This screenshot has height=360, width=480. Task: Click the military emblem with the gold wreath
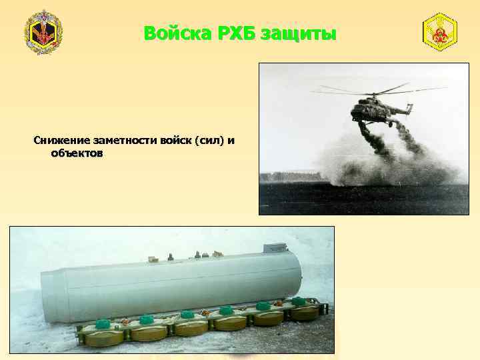[x=43, y=33]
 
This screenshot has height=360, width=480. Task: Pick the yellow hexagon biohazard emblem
[x=440, y=31]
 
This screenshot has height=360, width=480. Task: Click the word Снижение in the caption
[x=61, y=141]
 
